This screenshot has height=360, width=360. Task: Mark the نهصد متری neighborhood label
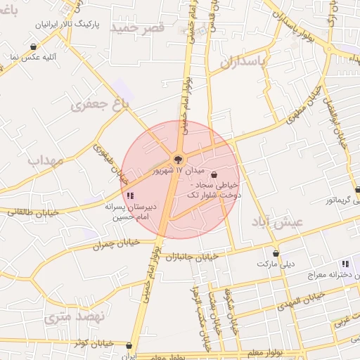pyautogui.click(x=74, y=318)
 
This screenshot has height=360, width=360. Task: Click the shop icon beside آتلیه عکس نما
pyautogui.click(x=33, y=47)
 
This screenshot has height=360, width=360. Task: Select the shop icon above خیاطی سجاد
pyautogui.click(x=214, y=175)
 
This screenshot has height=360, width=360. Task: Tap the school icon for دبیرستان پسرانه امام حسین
pyautogui.click(x=129, y=195)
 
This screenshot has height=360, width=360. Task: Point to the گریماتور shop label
pyautogui.click(x=333, y=200)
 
